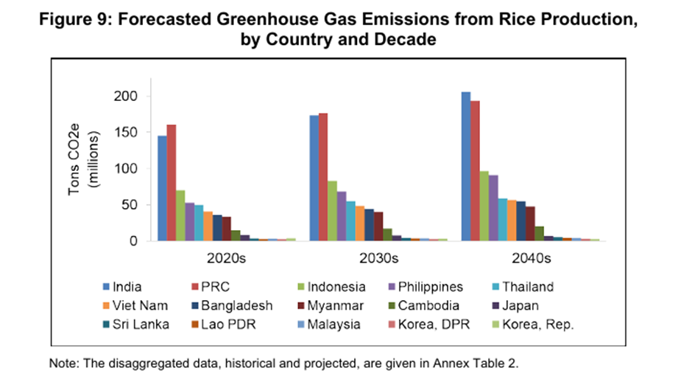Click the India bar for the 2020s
click(x=162, y=188)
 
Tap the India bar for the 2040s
click(x=465, y=166)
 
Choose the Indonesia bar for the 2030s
click(x=333, y=211)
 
